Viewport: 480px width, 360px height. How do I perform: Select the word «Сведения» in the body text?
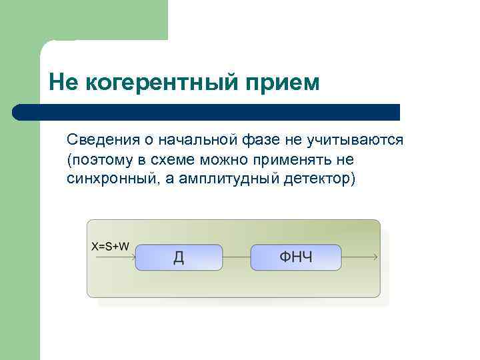point(98,140)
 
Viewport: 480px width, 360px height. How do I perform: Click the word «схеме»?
point(173,160)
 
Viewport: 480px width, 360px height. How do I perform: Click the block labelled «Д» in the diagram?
point(179,257)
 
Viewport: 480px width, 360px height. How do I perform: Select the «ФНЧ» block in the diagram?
point(296,257)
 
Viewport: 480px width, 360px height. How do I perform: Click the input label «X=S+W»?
point(110,246)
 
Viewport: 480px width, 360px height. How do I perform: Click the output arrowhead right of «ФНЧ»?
point(376,257)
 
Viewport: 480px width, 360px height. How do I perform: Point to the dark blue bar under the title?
point(207,112)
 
